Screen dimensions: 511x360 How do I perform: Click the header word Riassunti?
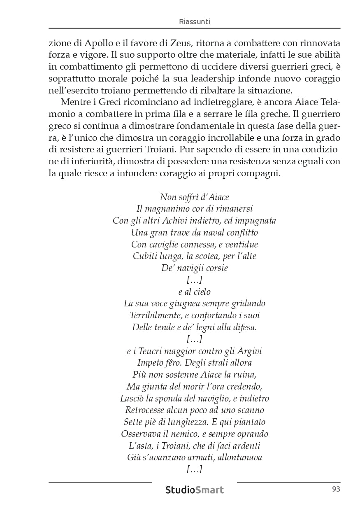pos(195,22)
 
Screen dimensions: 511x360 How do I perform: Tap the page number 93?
pos(336,489)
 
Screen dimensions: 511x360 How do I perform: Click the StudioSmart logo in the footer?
pos(195,490)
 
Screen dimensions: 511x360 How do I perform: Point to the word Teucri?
pos(150,351)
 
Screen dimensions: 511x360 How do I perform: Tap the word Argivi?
pos(249,351)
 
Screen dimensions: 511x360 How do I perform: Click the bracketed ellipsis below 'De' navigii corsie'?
pos(194,280)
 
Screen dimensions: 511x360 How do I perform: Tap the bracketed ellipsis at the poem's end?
pos(194,469)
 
